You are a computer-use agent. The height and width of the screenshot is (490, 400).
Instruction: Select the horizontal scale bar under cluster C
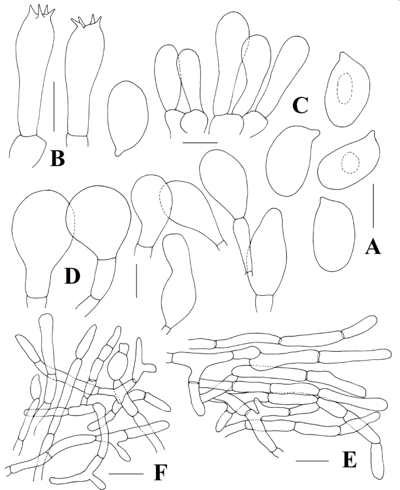200,142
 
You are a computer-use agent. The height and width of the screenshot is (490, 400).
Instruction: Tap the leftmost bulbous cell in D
42,233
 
